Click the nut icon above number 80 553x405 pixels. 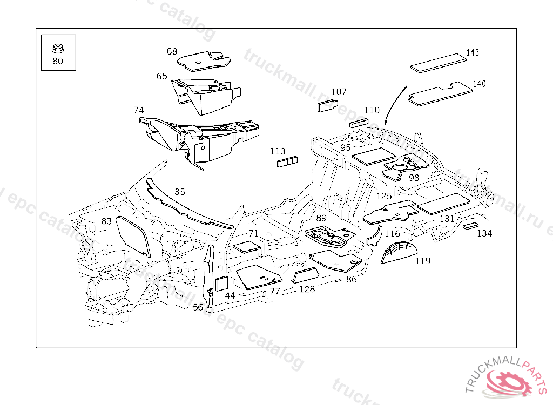pyautogui.click(x=57, y=48)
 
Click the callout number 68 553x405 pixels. pyautogui.click(x=172, y=51)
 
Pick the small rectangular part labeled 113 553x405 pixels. pyautogui.click(x=288, y=162)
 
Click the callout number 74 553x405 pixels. pyautogui.click(x=139, y=110)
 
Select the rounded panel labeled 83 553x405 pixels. pyautogui.click(x=133, y=235)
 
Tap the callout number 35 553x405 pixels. pyautogui.click(x=180, y=191)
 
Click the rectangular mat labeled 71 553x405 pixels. pyautogui.click(x=247, y=247)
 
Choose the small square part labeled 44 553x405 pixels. pyautogui.click(x=222, y=283)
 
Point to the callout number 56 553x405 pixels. pyautogui.click(x=198, y=307)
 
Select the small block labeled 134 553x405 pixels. pyautogui.click(x=470, y=226)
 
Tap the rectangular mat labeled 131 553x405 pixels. pyautogui.click(x=442, y=204)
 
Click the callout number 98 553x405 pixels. pyautogui.click(x=414, y=178)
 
